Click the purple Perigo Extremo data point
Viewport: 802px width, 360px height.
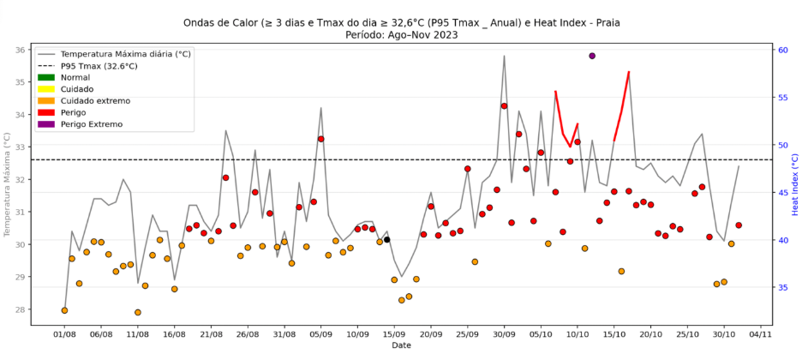(x=592, y=56)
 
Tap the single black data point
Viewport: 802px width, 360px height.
(x=386, y=239)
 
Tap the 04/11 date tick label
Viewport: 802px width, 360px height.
(x=761, y=334)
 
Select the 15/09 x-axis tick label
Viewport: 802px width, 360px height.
(x=394, y=334)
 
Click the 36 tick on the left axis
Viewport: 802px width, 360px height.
(x=19, y=50)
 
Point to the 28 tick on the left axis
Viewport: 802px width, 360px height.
(x=19, y=309)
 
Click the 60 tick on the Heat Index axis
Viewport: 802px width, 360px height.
(x=783, y=50)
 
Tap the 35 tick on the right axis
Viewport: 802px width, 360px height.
(x=783, y=287)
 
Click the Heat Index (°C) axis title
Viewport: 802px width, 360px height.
(x=796, y=183)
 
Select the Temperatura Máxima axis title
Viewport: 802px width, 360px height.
(x=7, y=183)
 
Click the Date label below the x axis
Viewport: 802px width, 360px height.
(x=401, y=345)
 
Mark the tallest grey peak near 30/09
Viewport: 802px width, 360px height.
(x=504, y=56)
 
